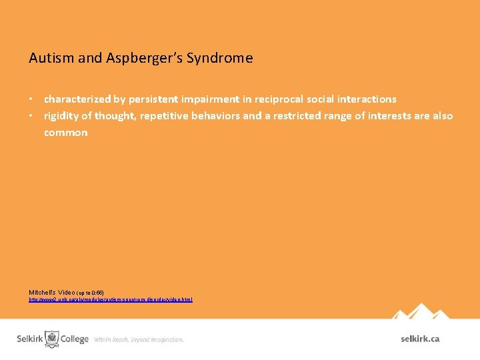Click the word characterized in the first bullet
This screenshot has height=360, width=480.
(77, 99)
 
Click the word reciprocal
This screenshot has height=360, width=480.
(282, 99)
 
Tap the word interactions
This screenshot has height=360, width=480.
(365, 99)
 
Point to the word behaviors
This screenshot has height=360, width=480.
(217, 116)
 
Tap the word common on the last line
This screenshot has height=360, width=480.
(65, 133)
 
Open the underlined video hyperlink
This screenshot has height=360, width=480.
(110, 300)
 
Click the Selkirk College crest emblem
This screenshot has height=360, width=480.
(52, 338)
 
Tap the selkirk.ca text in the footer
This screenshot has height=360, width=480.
(420, 339)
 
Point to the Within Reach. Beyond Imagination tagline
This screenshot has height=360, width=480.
(139, 339)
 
